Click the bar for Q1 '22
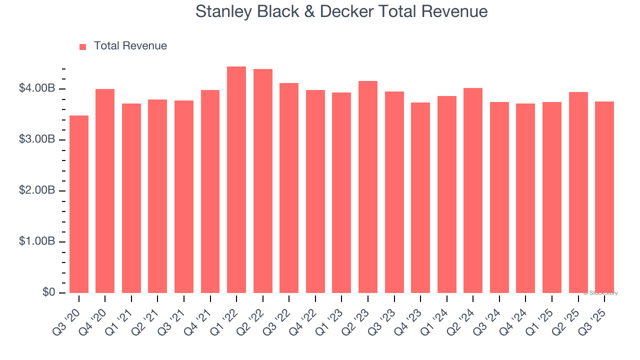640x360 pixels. click(236, 180)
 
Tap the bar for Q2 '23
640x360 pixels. click(368, 187)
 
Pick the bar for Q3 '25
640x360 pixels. click(604, 197)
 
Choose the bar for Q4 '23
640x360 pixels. click(420, 197)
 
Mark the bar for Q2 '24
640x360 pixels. click(473, 190)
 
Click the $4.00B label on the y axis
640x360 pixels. click(37, 88)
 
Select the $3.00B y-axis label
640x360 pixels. click(37, 139)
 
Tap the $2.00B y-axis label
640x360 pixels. click(37, 190)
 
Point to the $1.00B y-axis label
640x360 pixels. click(37, 241)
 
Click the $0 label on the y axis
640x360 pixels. click(48, 292)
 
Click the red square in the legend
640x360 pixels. click(83, 46)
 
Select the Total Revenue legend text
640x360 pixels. click(130, 46)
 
